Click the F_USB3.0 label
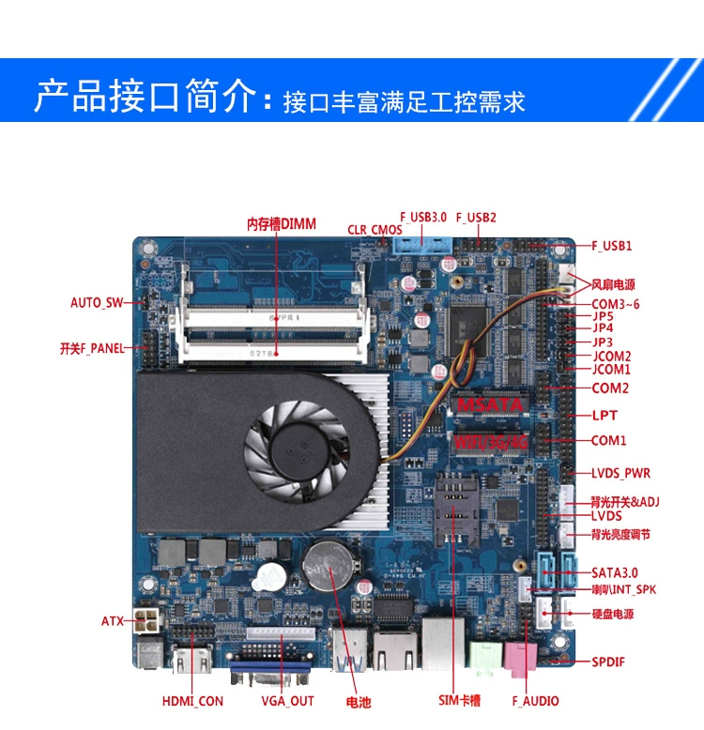[422, 218]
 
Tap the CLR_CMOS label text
[375, 230]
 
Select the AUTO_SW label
[97, 303]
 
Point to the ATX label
[113, 621]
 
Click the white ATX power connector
[145, 620]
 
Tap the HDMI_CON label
[192, 701]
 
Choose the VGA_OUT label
[287, 701]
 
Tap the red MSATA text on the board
[490, 405]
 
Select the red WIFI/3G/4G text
[491, 441]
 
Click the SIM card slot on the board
[456, 509]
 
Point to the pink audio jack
[521, 659]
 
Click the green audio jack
[485, 658]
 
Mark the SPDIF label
[607, 662]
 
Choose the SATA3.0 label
[614, 572]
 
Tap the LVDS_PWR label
[620, 474]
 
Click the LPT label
[605, 416]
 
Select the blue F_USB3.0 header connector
[421, 245]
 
